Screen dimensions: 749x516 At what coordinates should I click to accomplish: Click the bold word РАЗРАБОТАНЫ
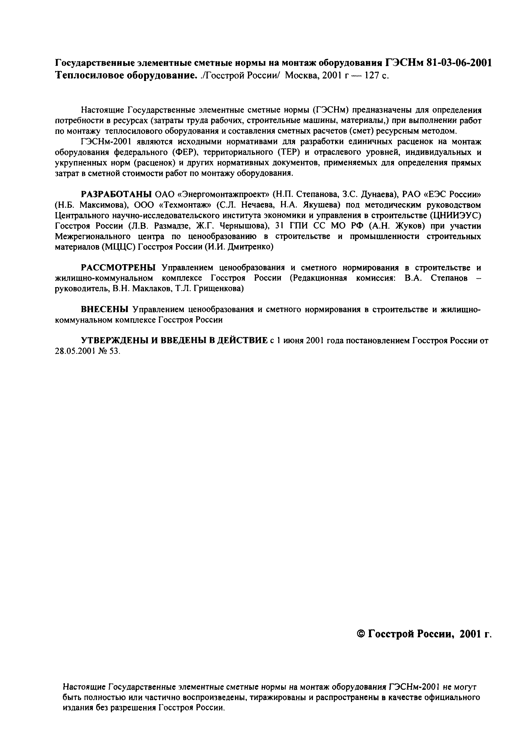(x=116, y=194)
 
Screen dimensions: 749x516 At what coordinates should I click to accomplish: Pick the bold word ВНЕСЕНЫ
(x=104, y=309)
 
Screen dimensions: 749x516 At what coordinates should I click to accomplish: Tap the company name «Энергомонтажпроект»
(x=223, y=194)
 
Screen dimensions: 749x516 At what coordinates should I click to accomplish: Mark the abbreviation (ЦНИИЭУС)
(x=457, y=215)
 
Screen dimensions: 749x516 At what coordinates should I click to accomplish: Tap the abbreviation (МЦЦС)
(x=119, y=247)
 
